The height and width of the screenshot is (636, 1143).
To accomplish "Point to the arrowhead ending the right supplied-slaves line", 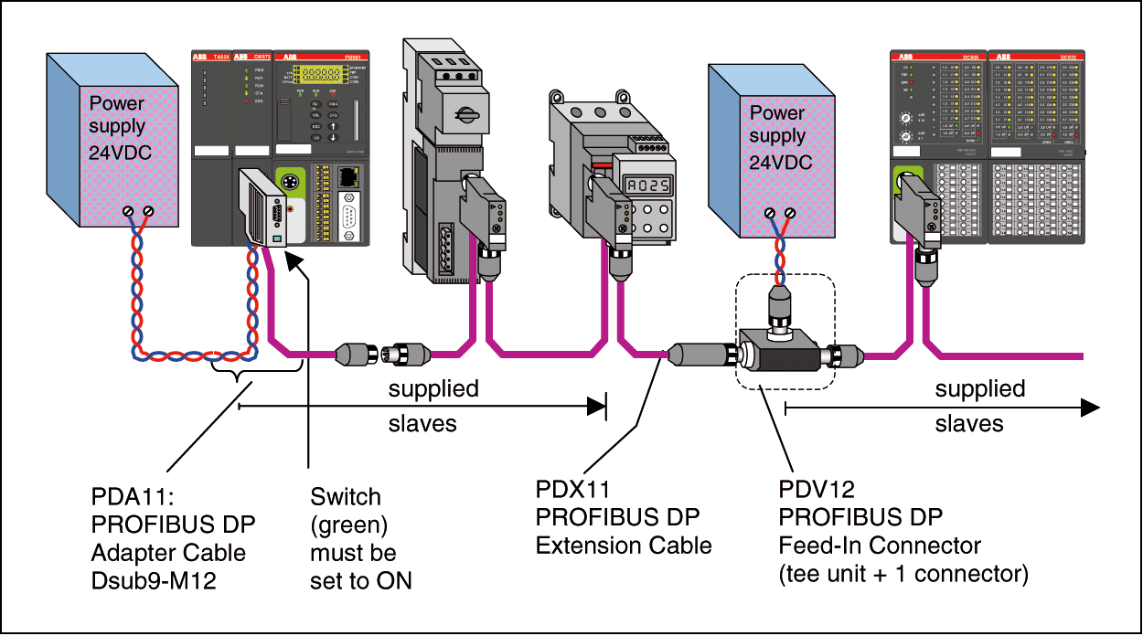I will [x=1088, y=408].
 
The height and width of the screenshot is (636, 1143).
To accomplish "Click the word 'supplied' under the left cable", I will [x=433, y=389].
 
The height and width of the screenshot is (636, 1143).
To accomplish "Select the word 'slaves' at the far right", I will [x=968, y=424].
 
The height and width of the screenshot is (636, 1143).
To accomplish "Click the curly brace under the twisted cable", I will [x=237, y=376].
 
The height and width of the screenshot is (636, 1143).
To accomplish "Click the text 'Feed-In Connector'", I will [x=880, y=546].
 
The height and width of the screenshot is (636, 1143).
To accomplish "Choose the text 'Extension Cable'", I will [x=624, y=546].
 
